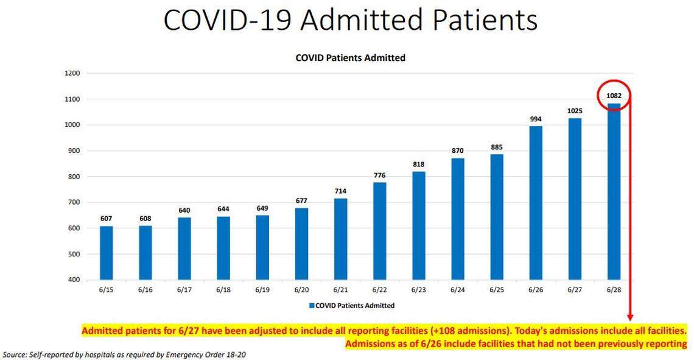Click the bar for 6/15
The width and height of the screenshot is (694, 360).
pos(107,253)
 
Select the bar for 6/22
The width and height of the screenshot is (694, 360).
pos(379,231)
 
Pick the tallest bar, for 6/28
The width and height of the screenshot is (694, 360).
pos(614,191)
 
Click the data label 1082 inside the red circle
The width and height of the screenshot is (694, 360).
pos(614,96)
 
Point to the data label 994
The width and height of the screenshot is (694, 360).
pos(536,119)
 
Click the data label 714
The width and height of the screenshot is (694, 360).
pos(340,191)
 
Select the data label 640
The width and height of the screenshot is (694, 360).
pos(184,210)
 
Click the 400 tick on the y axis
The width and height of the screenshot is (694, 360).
pos(74,280)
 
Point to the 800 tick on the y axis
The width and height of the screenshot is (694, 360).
pos(74,177)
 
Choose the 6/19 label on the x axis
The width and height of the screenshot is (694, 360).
pos(262,291)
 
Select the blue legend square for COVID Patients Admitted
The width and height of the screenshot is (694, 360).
pos(312,305)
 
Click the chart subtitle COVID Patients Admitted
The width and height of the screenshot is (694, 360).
pos(350,58)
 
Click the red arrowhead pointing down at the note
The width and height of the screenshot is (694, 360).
pos(629,317)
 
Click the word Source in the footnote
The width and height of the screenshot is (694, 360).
pos(15,355)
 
